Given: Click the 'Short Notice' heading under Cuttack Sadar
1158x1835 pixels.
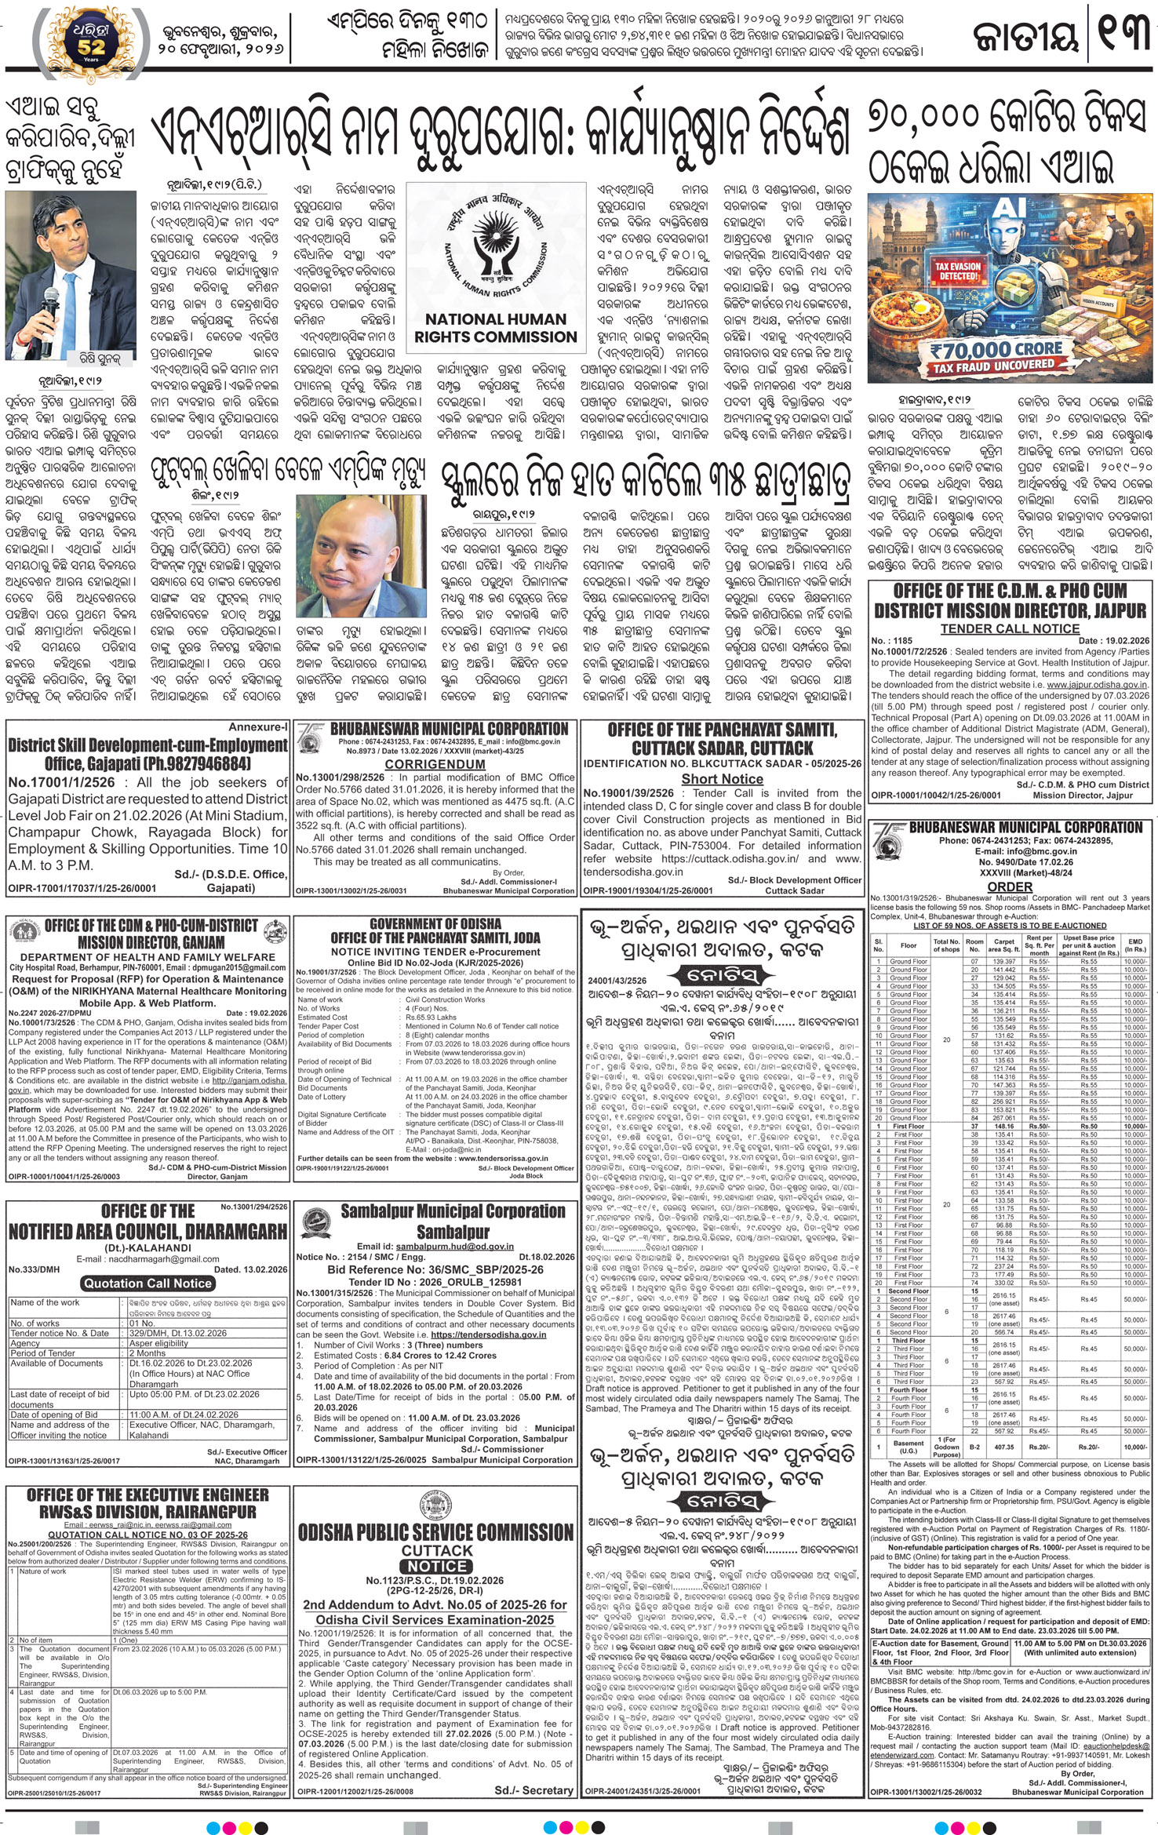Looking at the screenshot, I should [722, 779].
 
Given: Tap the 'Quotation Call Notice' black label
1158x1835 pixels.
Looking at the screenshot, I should [147, 1283].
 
